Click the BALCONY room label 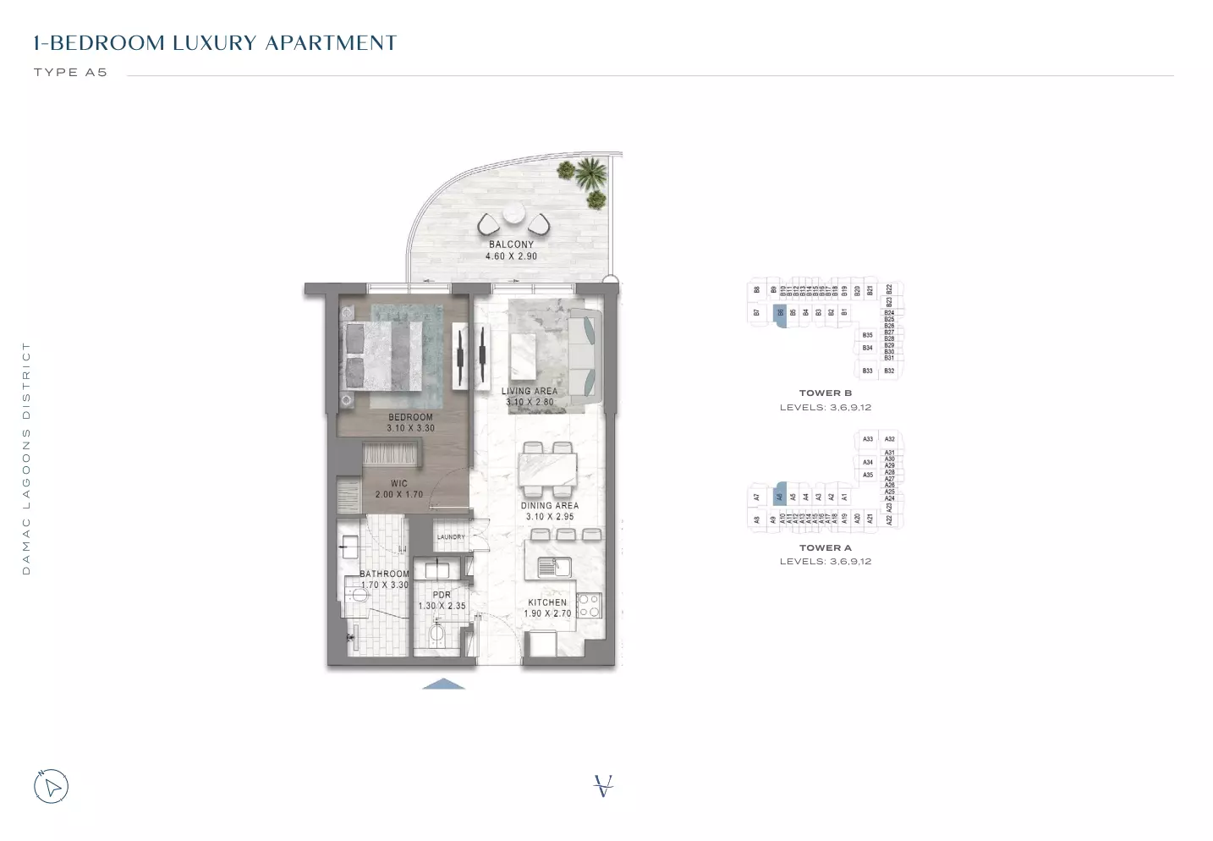coord(511,245)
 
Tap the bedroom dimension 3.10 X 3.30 coord(410,429)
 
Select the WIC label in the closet coord(399,484)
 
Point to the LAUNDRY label coord(451,537)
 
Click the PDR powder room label coord(442,595)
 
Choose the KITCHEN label coord(547,602)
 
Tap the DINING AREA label coord(550,506)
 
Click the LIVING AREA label coord(529,392)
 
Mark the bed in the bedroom coord(382,355)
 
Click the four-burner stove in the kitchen coord(589,605)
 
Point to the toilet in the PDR coord(437,635)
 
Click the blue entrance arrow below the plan coord(443,684)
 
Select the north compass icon coord(51,787)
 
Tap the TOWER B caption coord(825,393)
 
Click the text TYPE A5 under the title coord(70,73)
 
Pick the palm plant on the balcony coord(590,175)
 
